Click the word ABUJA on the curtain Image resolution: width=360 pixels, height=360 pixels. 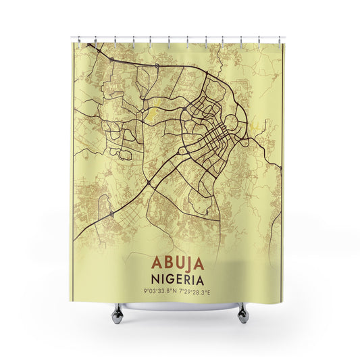click(x=179, y=262)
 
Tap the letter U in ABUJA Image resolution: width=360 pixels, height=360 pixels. click(x=179, y=262)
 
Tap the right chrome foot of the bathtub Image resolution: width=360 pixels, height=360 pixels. click(x=242, y=311)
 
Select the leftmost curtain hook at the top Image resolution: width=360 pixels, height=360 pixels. click(x=78, y=38)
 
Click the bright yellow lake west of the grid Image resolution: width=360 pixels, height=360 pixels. click(x=156, y=108)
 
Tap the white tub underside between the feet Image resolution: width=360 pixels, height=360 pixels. click(x=180, y=306)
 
